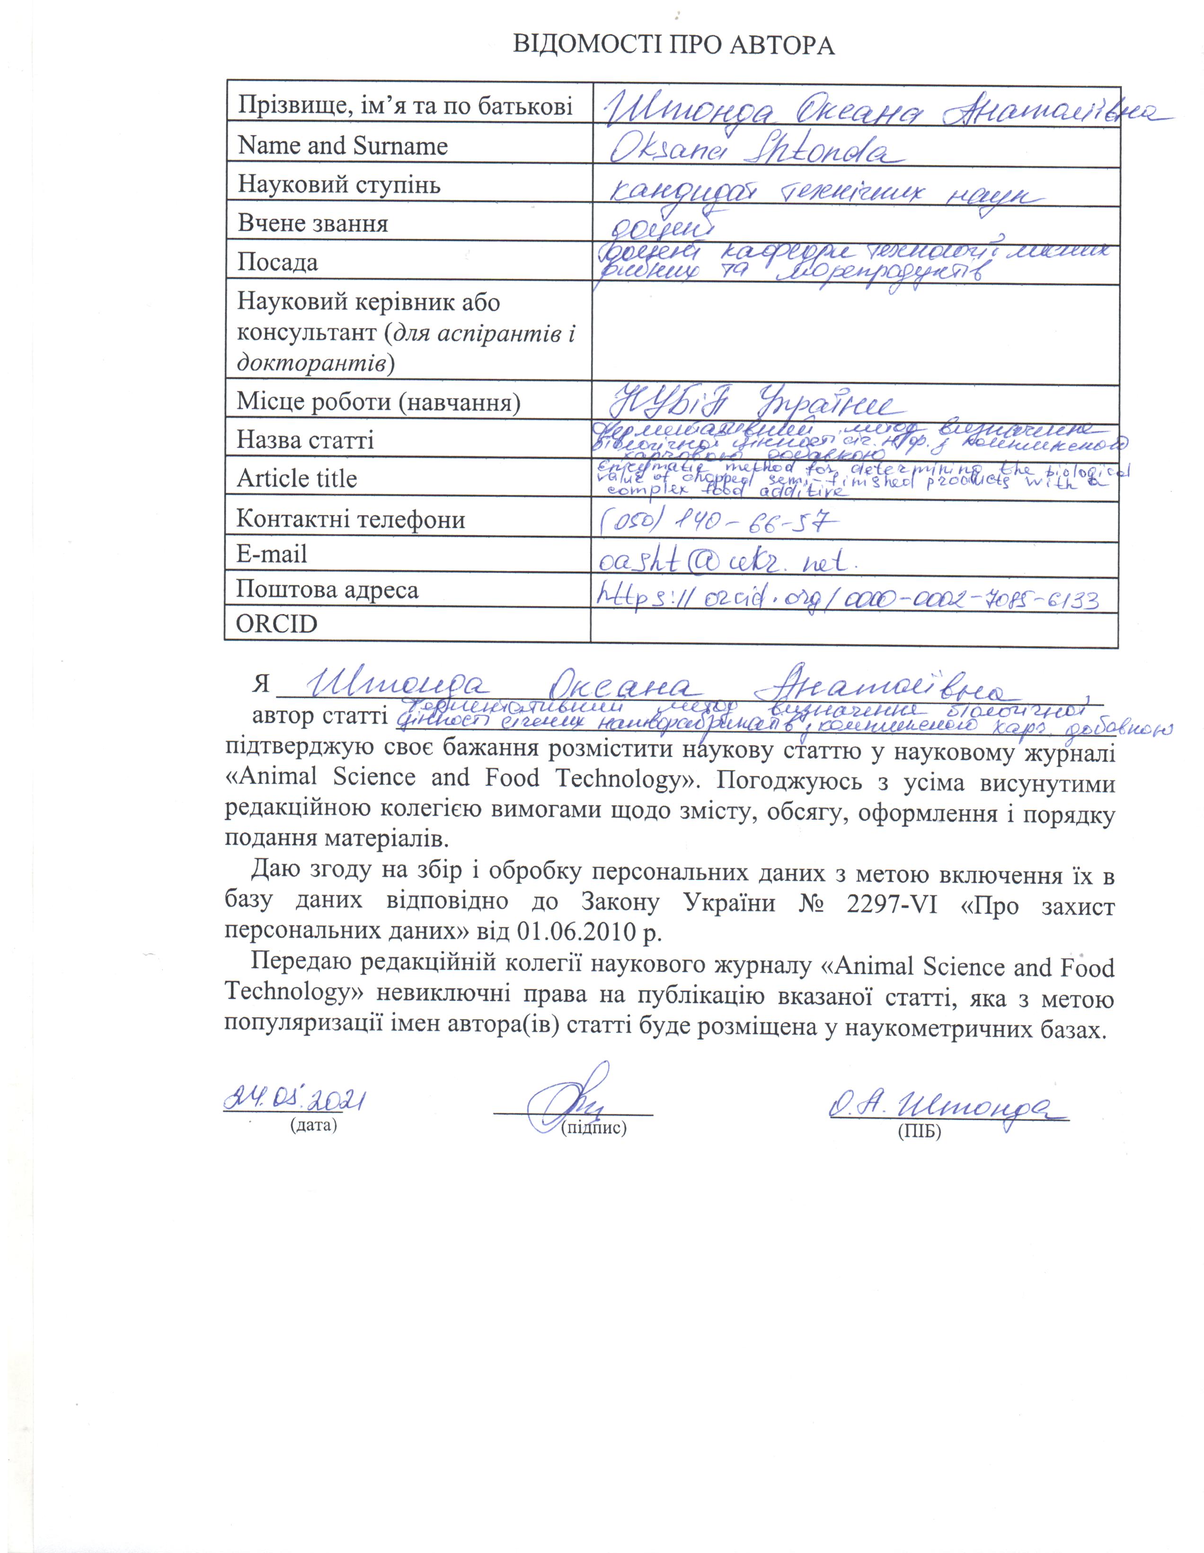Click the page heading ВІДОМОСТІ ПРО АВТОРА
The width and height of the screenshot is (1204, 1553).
coord(673,45)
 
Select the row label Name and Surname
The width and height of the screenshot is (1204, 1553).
coord(343,146)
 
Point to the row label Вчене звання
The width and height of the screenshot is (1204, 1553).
coord(313,224)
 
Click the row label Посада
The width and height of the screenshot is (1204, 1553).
coord(277,262)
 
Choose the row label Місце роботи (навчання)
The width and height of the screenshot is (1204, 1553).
coord(378,402)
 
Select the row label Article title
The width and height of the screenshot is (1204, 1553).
coord(296,479)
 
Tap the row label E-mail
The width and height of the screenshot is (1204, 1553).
coord(272,554)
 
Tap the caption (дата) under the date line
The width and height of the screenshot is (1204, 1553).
coord(313,1125)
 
